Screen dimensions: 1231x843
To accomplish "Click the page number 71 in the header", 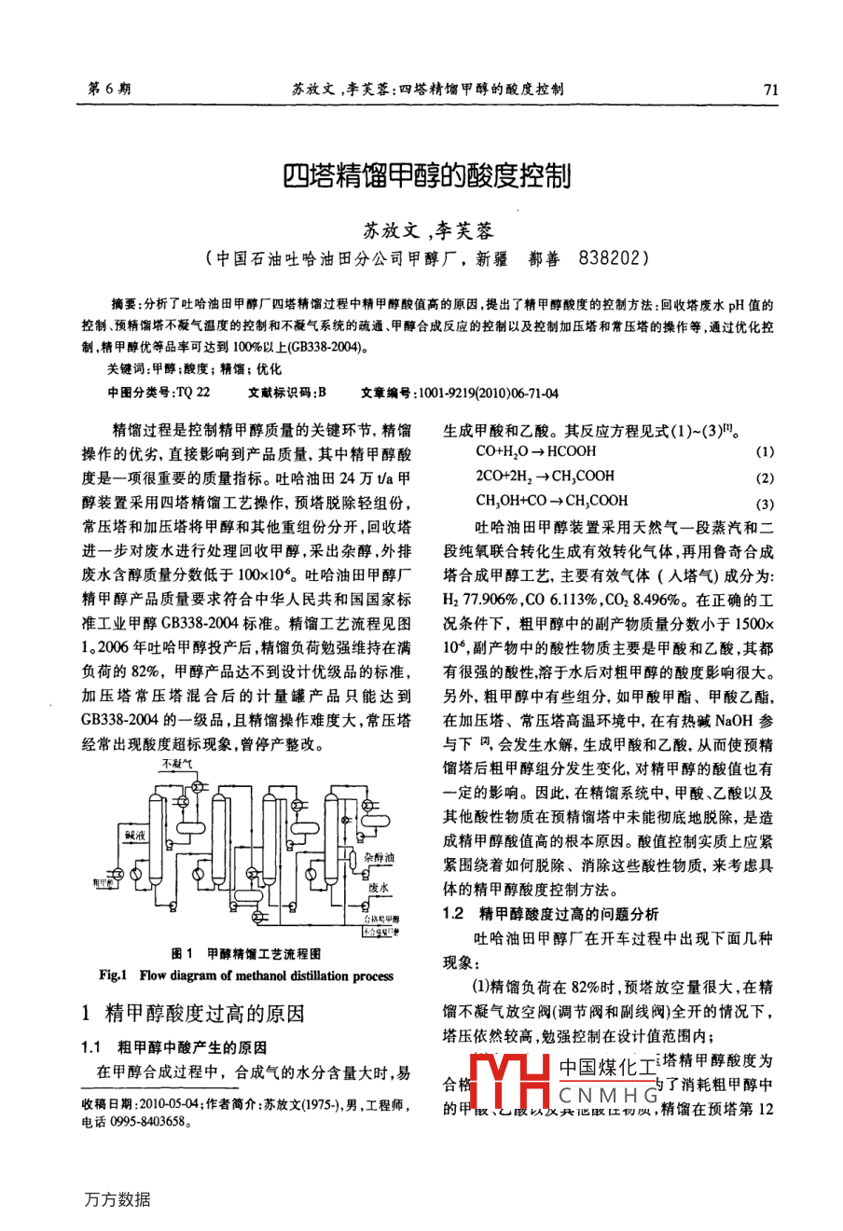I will click(769, 90).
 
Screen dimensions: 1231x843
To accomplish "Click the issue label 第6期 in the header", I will click(109, 90).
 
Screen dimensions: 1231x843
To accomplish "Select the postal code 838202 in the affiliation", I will click(613, 258).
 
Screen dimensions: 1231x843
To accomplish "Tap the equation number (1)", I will click(765, 452).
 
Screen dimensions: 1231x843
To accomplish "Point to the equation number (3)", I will click(765, 505).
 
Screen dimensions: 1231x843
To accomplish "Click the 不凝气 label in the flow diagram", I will click(176, 763).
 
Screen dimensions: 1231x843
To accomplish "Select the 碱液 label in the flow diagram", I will click(135, 836).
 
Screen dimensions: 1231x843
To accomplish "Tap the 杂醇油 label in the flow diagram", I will click(379, 857).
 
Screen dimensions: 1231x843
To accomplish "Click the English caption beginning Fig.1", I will click(246, 975).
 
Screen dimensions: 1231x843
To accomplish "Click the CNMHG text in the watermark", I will click(608, 1095).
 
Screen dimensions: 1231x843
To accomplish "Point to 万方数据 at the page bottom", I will click(117, 1199).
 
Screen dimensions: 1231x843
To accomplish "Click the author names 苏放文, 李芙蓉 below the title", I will click(427, 230).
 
